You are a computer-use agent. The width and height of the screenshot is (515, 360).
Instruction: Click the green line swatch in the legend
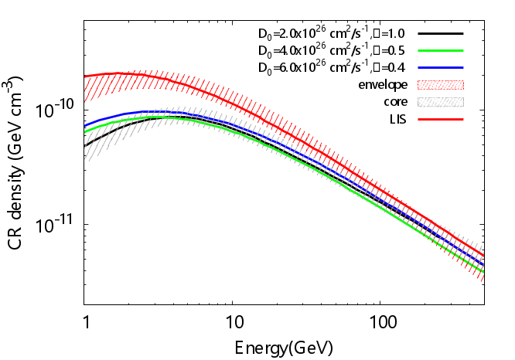click(441, 51)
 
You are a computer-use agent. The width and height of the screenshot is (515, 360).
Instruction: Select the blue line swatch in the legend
click(441, 68)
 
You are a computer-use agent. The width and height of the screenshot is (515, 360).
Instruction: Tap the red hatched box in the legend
click(441, 85)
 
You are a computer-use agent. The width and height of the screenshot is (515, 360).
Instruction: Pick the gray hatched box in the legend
click(441, 102)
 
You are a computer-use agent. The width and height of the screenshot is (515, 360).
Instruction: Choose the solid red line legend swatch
click(441, 119)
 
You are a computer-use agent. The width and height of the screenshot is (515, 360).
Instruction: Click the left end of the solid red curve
click(85, 76)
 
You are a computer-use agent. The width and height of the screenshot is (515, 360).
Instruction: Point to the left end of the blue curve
click(85, 126)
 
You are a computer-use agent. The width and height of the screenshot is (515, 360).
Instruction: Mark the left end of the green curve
click(85, 131)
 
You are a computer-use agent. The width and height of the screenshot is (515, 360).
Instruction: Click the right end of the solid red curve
click(483, 256)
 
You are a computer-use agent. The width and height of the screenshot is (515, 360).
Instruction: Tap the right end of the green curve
click(483, 272)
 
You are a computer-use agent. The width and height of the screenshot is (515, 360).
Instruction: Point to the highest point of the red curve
click(124, 73)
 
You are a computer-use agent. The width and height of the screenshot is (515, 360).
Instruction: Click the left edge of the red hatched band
click(86, 88)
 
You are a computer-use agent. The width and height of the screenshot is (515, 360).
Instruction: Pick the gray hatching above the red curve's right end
click(479, 246)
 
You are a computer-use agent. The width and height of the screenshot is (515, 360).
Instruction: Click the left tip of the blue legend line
click(418, 68)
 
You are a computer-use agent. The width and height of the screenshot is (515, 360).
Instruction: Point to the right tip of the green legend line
click(463, 51)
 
